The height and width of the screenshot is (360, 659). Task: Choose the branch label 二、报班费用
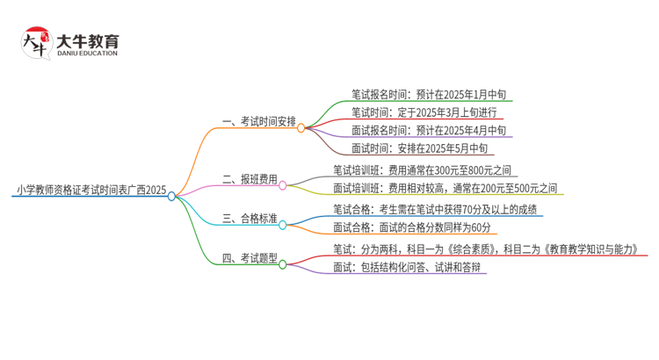tap(250, 179)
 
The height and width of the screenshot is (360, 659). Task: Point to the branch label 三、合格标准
tap(250, 219)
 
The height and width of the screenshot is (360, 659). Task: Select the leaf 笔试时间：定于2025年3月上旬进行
tap(424, 112)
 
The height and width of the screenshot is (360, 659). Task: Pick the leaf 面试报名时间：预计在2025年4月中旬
tap(428, 130)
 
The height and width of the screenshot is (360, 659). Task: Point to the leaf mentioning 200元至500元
tap(445, 188)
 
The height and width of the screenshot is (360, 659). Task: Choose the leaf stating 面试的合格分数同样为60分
tap(411, 227)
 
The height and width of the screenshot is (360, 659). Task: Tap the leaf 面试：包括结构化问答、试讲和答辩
tap(408, 267)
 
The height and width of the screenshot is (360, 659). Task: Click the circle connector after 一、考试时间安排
tap(301, 127)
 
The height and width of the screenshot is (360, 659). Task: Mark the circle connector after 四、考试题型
tap(283, 264)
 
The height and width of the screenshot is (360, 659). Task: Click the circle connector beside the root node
tap(172, 196)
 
